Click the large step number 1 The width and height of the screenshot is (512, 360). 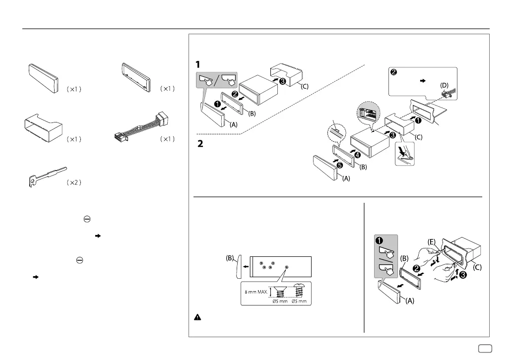(198, 65)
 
